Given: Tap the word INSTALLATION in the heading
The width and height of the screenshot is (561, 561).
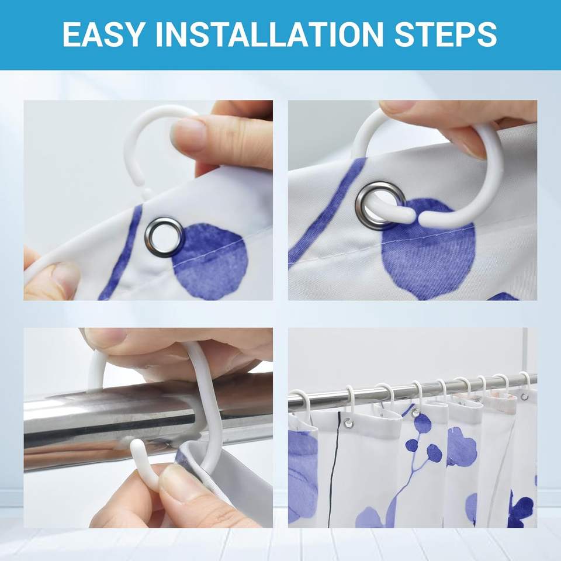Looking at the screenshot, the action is (269, 34).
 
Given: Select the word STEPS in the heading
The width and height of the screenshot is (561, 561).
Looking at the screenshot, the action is (446, 34).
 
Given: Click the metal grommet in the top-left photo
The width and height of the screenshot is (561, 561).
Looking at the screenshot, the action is (165, 237).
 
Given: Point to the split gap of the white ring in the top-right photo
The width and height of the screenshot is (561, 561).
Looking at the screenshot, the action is (415, 216).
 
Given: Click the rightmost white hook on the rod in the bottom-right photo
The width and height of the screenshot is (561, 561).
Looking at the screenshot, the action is (525, 383).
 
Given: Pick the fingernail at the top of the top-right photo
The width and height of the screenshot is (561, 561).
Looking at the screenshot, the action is (398, 106).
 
